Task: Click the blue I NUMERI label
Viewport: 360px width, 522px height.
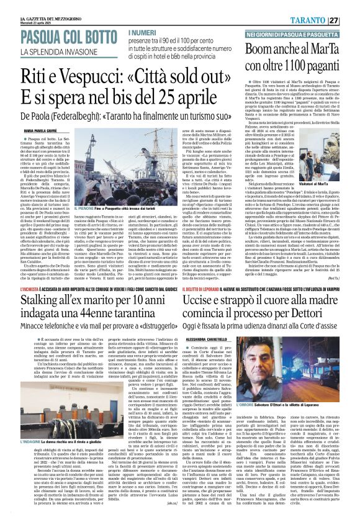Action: coord(143,32)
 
